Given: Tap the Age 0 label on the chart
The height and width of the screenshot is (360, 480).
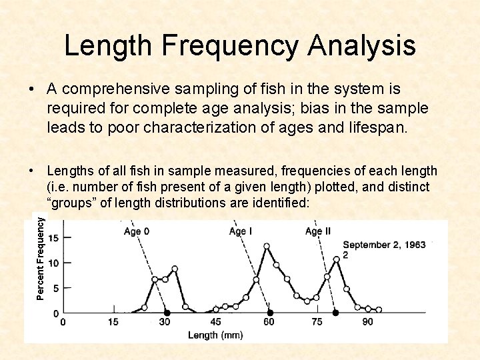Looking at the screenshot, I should pos(137,231).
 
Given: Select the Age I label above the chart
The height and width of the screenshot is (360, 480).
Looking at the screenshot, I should pos(241,231).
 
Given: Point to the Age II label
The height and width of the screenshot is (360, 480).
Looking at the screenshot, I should pos(318,231).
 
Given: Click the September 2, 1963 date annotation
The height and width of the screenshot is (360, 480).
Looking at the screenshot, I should pos(384,245).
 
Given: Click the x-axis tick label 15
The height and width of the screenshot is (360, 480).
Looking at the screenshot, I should pos(113,322).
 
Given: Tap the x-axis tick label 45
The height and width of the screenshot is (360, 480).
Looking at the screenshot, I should pos(216,322).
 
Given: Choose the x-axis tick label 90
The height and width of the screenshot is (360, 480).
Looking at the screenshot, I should pos(368,322).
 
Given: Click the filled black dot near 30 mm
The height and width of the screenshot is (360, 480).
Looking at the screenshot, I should pos(167,313).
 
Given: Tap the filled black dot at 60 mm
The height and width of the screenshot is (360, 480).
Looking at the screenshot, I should pos(270,313).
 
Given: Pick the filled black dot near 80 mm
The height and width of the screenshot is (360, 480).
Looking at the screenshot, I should pos(335,313).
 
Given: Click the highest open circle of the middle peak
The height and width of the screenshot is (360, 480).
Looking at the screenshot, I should pos(267,246).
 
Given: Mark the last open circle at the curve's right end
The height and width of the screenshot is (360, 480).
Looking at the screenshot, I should pos(379,309).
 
